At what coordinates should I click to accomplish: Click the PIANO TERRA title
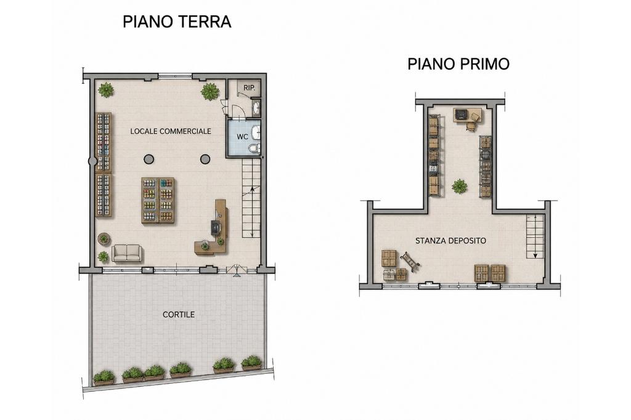click(177, 22)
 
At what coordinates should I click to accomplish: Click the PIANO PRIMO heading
click(458, 64)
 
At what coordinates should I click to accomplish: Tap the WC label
click(242, 137)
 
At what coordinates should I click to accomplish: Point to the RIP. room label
click(249, 87)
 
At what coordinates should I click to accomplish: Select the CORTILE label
click(179, 315)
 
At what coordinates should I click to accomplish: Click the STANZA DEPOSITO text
click(450, 241)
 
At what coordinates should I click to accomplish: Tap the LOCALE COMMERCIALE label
click(171, 131)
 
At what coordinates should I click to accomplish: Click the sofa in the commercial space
click(127, 253)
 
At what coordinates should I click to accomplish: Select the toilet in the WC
click(254, 149)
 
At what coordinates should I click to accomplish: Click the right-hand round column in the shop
click(205, 160)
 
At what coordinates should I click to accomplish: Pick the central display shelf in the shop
click(158, 200)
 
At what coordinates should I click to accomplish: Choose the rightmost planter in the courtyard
click(251, 363)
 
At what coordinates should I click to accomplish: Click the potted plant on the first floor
click(460, 186)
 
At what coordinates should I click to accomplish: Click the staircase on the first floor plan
click(535, 236)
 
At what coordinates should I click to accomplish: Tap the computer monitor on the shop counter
click(216, 228)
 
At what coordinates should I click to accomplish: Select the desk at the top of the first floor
click(467, 115)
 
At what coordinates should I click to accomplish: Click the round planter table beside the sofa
click(104, 238)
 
